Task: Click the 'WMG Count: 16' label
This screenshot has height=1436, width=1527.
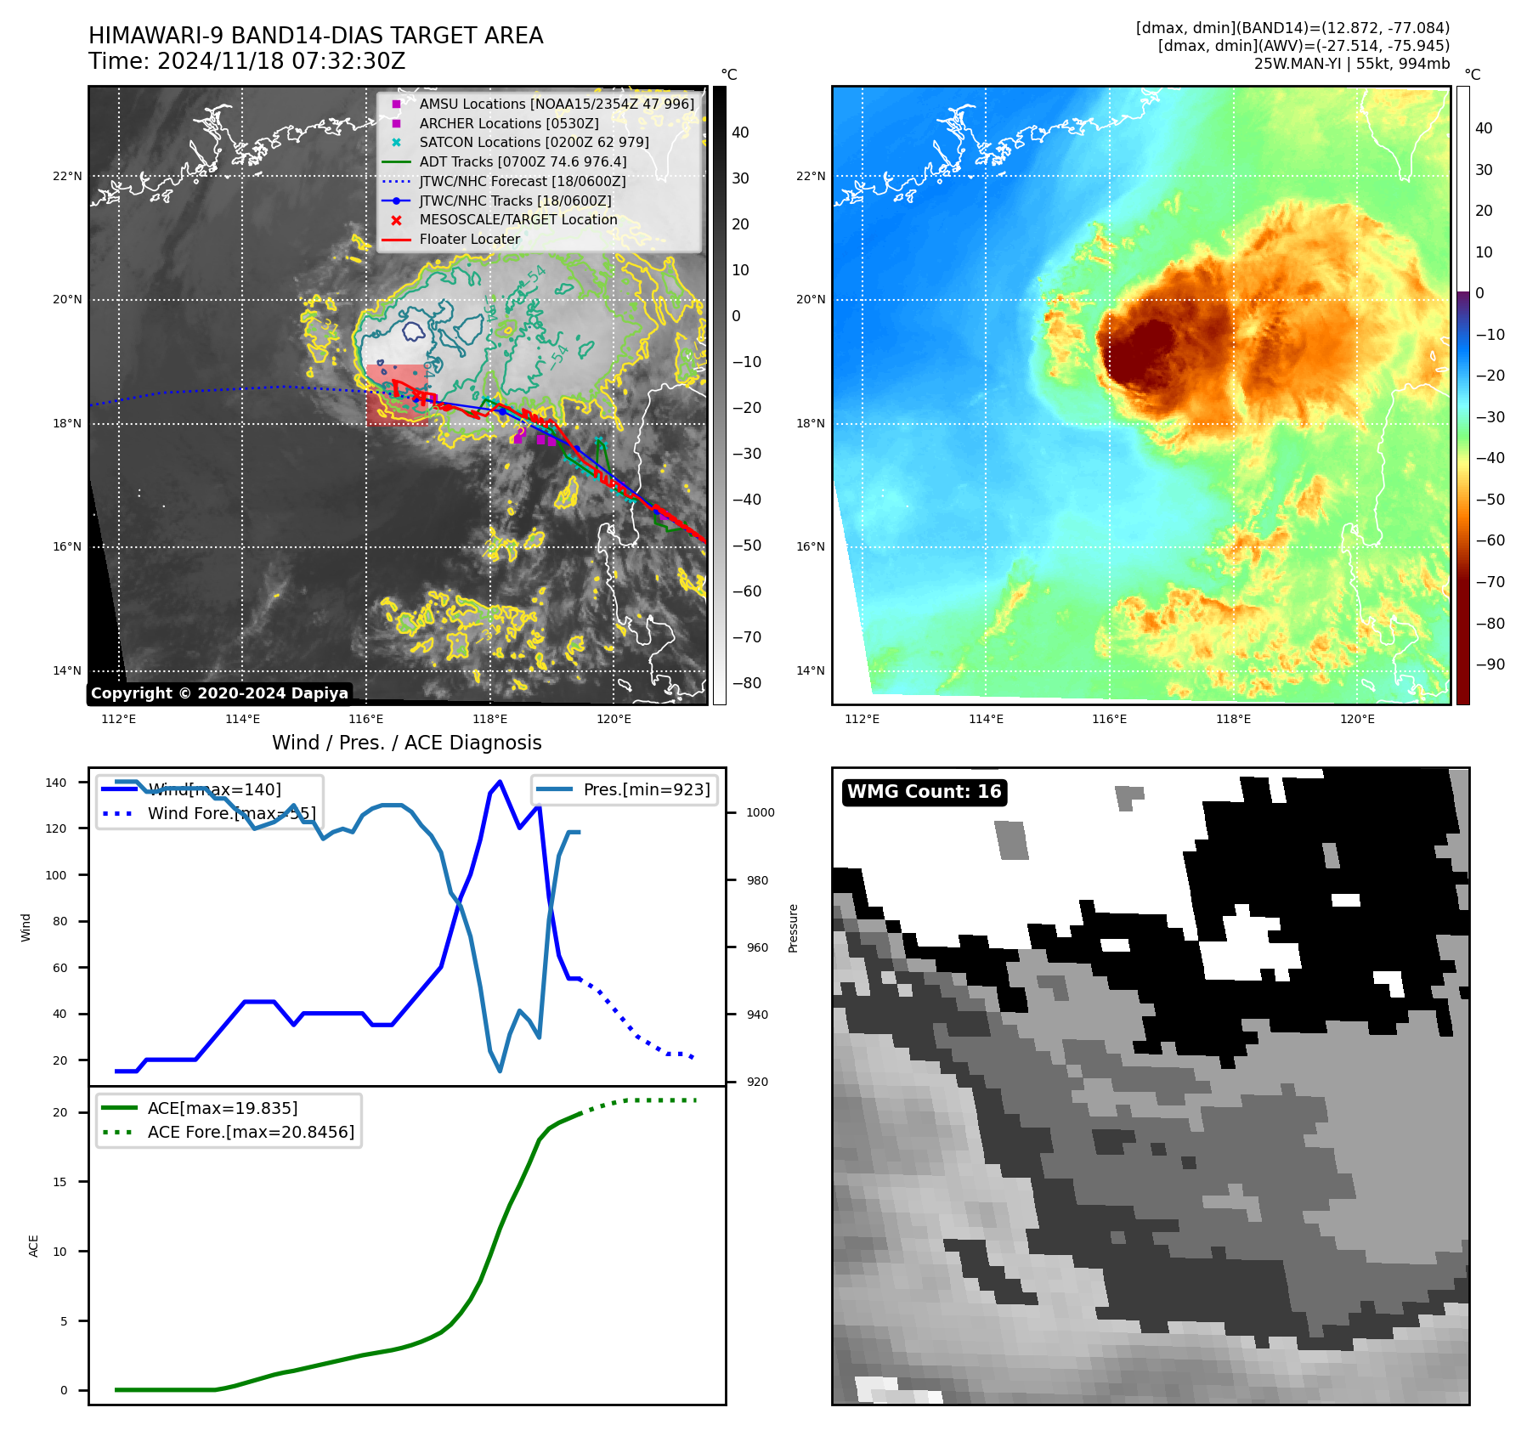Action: [x=924, y=792]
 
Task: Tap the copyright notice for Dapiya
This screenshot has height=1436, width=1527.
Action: [x=219, y=693]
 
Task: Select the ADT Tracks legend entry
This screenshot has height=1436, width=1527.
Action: [x=523, y=161]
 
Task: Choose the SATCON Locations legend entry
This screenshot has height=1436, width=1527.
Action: [x=534, y=142]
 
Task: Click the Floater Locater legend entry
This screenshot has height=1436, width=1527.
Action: [x=469, y=239]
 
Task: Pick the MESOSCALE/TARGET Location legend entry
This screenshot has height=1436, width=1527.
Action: [x=517, y=219]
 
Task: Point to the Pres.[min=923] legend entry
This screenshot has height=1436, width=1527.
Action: [x=646, y=789]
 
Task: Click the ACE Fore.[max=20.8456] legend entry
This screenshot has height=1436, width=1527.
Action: [x=251, y=1132]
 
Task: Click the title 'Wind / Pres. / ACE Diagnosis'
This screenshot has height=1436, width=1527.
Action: [x=406, y=743]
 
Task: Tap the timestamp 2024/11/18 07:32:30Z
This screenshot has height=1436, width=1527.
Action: [x=281, y=61]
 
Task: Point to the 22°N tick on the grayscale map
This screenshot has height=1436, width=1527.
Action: [x=67, y=177]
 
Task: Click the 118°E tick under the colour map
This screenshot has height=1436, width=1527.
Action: [x=1233, y=719]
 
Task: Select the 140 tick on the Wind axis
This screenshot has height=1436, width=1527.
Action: [x=56, y=783]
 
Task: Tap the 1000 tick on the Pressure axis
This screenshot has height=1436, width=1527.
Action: [x=761, y=812]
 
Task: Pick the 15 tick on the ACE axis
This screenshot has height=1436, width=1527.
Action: [x=59, y=1182]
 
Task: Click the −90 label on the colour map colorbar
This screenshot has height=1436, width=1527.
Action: [x=1490, y=664]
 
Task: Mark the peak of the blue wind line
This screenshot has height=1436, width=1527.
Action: [x=500, y=782]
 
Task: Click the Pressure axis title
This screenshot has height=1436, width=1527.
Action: [x=793, y=928]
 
